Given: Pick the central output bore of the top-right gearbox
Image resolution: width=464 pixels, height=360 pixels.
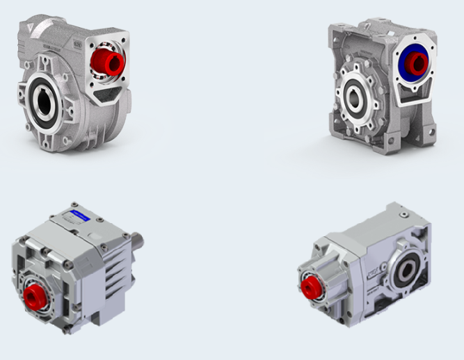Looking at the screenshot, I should pyautogui.click(x=355, y=97).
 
